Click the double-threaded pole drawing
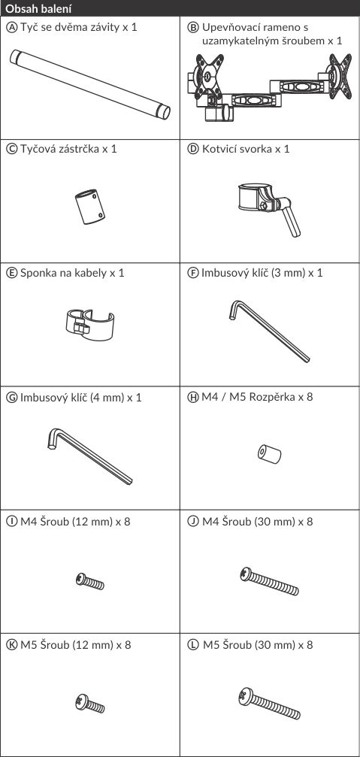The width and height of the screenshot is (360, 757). click(x=89, y=84)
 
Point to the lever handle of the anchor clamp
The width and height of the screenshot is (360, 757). click(x=291, y=220)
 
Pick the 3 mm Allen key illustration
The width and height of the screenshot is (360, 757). click(x=269, y=331)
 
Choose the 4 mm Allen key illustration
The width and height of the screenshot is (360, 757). click(x=89, y=456)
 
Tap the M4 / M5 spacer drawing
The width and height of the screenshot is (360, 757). click(x=269, y=454)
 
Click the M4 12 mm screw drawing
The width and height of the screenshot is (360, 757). click(x=89, y=581)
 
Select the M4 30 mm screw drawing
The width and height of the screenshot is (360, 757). click(x=269, y=581)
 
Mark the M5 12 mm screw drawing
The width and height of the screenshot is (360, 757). click(x=89, y=704)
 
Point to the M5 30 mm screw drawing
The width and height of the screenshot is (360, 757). click(x=269, y=704)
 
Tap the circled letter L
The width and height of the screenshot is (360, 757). click(x=193, y=645)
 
